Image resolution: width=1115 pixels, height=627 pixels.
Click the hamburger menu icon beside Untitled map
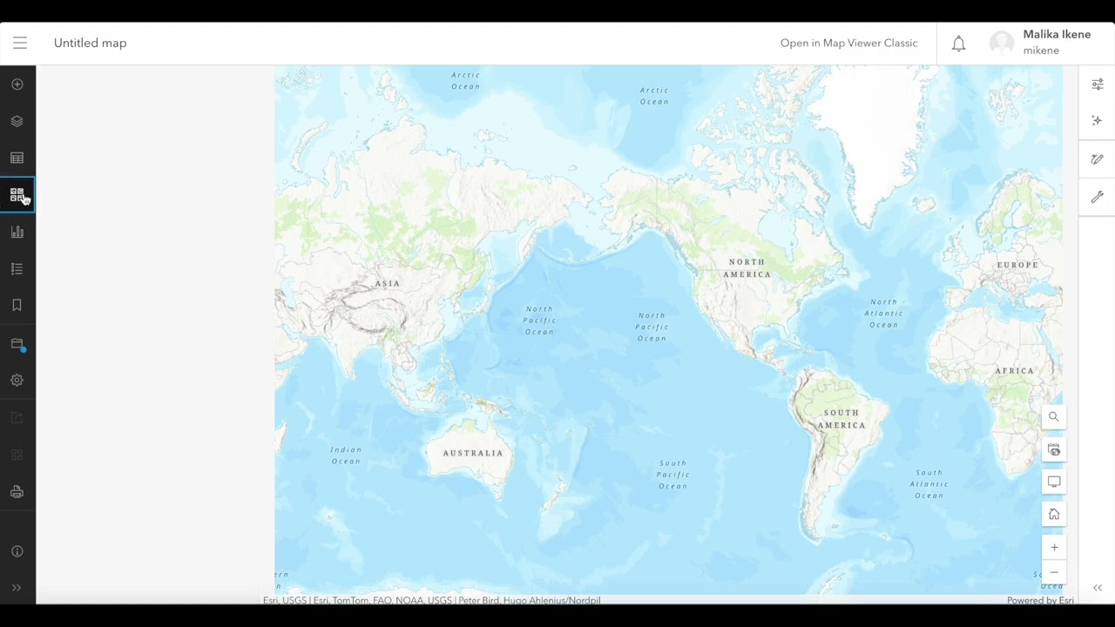coord(20,43)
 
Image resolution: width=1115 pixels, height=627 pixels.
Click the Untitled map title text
coord(90,43)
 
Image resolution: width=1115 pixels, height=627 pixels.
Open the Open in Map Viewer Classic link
coord(848,43)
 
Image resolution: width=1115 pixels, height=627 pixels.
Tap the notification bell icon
coord(958,44)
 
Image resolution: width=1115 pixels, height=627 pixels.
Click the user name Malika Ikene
coord(1056,35)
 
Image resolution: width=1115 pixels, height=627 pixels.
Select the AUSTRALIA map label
coord(473,453)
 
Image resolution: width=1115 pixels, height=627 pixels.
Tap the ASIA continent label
coord(388,284)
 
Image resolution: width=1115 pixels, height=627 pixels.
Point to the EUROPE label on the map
coord(1017,265)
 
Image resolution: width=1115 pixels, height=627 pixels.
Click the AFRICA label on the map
coord(1014,371)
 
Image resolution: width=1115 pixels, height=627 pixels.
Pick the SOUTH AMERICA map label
coord(841,419)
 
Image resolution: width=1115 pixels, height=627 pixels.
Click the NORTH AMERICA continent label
coord(747,268)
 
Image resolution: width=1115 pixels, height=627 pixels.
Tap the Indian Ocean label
coord(346,455)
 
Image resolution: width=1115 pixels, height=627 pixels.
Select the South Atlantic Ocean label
coord(929,484)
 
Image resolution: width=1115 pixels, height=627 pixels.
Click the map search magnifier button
coord(1054,417)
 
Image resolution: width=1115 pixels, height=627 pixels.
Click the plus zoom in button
coord(1054,548)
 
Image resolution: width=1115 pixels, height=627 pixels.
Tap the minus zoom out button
coord(1054,573)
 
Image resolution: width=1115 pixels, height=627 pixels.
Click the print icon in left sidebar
coord(17,492)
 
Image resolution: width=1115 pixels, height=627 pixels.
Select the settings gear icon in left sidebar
coord(17,381)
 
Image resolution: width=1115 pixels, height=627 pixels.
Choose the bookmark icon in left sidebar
coord(17,306)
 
